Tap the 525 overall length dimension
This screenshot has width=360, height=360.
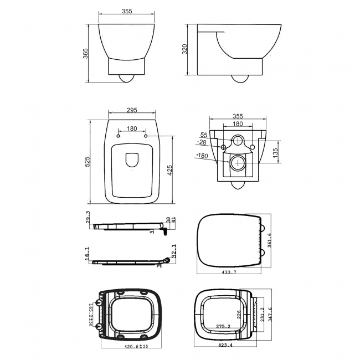tap(86, 162)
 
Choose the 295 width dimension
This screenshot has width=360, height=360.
tap(132, 110)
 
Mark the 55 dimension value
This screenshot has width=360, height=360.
tap(203, 135)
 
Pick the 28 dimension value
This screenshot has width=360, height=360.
tap(202, 142)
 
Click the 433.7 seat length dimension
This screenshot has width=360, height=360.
tap(228, 272)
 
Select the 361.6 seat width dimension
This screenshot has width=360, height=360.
tap(269, 240)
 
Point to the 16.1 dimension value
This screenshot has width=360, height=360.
tap(87, 253)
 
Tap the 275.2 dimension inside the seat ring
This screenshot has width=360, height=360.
tap(224, 327)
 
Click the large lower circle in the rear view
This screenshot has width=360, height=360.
tap(236, 163)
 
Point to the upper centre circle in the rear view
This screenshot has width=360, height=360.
tap(236, 140)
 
